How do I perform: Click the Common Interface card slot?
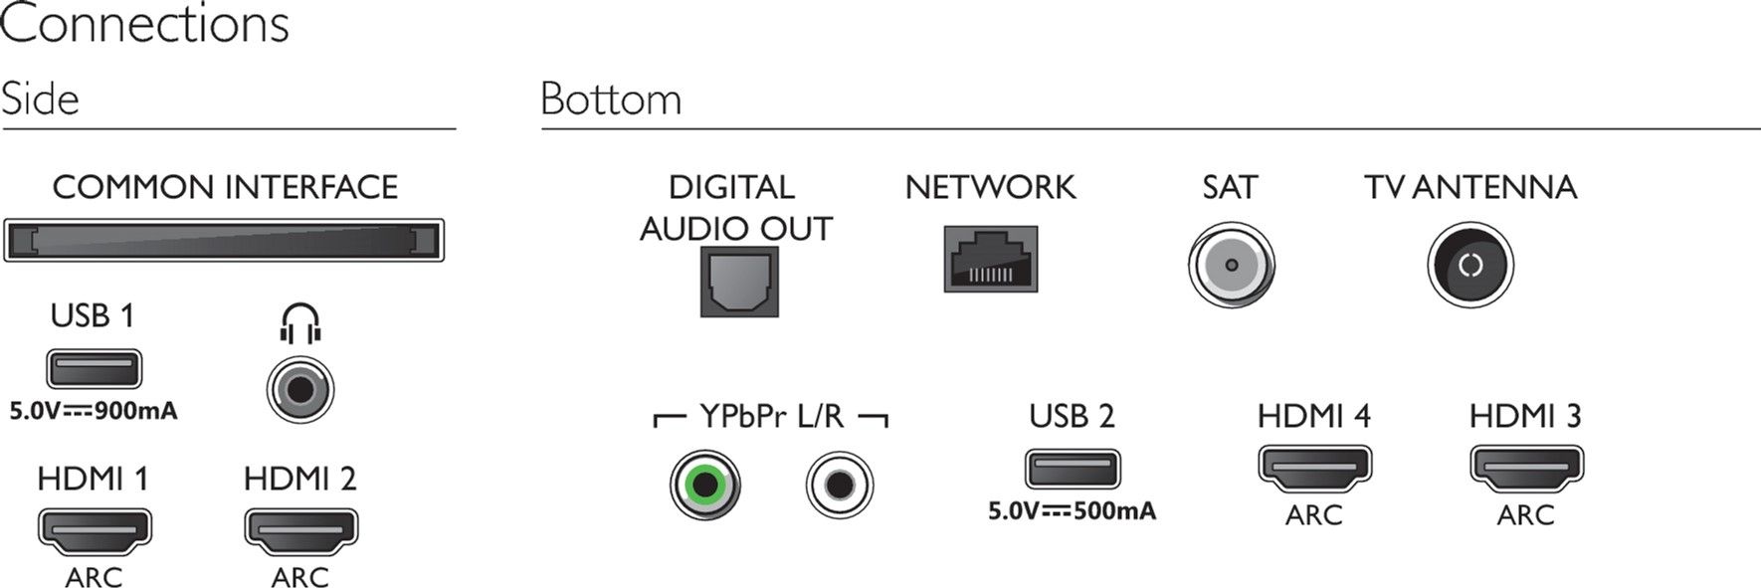224,241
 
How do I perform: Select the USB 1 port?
94,369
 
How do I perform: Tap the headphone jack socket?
300,389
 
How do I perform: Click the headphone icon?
300,322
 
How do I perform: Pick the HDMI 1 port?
95,532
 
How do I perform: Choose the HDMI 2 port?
300,532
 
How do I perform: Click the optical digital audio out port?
739,282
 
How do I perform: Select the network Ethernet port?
991,259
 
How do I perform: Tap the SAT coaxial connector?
1232,266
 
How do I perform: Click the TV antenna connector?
1470,265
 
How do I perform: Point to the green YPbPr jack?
705,486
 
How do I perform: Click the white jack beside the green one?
840,486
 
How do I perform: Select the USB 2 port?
1073,469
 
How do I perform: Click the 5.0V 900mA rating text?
94,411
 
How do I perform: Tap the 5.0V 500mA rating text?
1073,511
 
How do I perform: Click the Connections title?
145,24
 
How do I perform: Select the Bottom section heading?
611,99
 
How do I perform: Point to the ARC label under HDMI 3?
1525,515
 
